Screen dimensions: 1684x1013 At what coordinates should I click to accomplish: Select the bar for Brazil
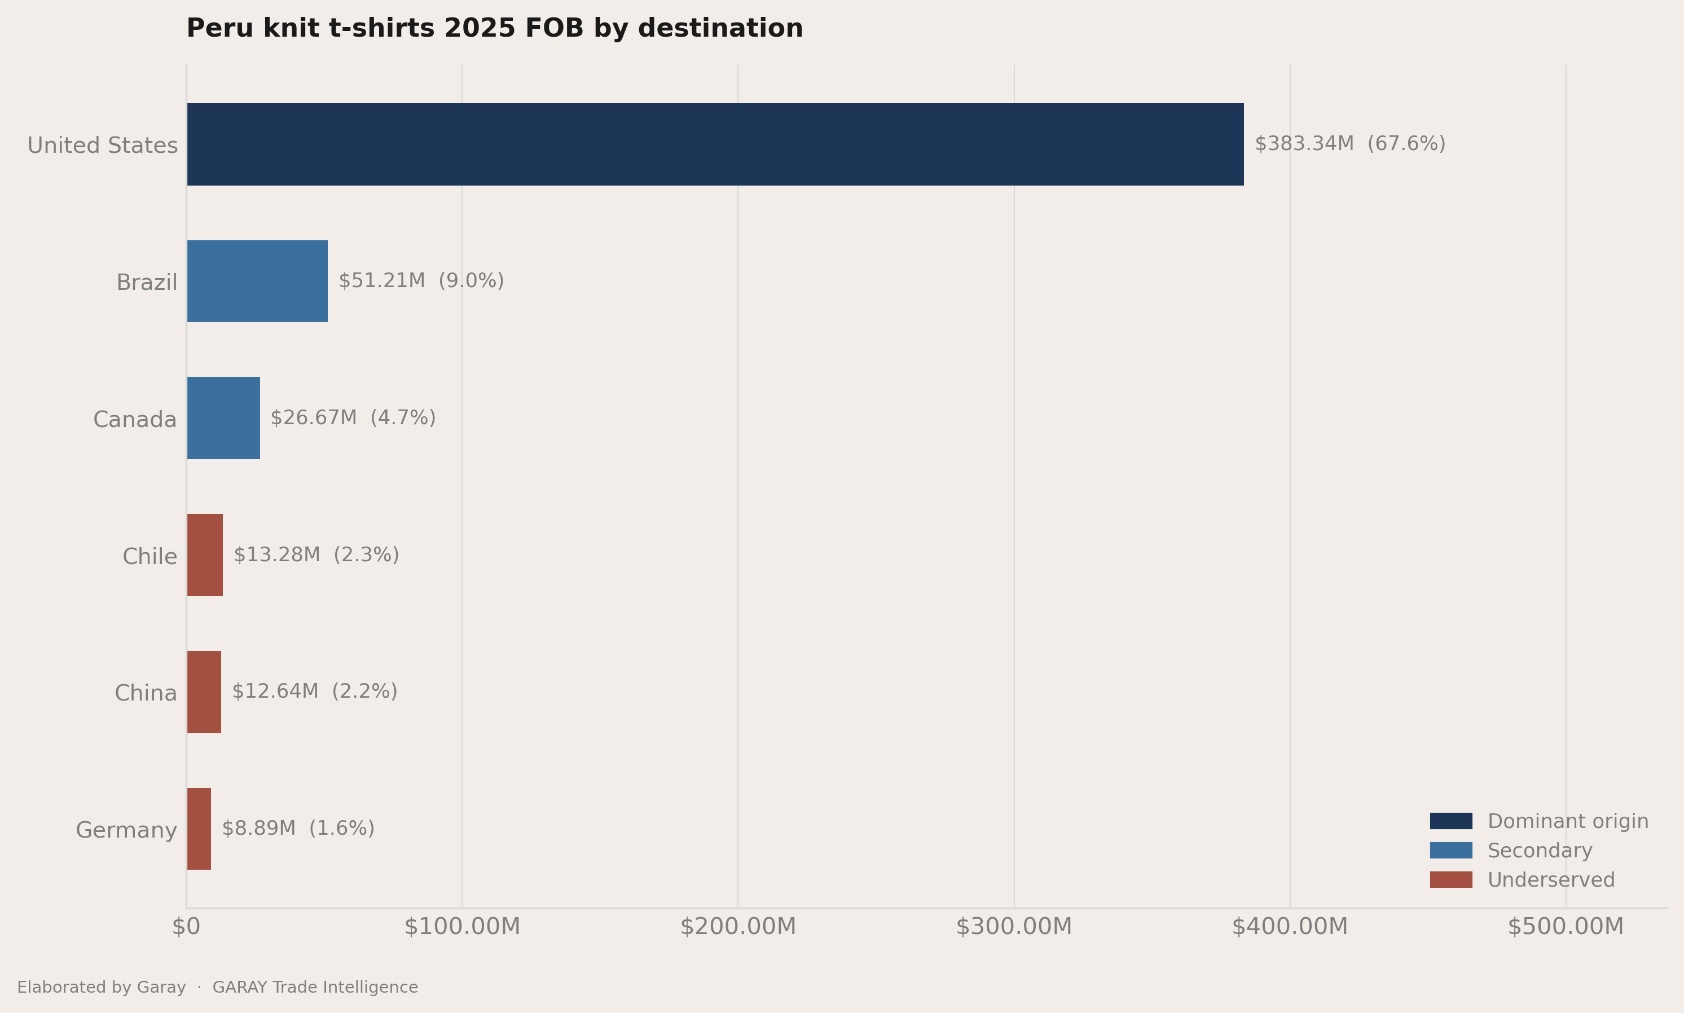257,281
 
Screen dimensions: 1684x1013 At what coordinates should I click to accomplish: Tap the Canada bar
223,418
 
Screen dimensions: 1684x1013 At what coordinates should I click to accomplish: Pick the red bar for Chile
205,555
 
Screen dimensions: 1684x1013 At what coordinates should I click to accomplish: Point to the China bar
204,692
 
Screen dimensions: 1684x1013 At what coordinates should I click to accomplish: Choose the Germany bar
199,829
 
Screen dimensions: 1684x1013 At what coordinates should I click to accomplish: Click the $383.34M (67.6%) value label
1350,144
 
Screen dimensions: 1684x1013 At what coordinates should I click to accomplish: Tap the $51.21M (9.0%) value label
421,280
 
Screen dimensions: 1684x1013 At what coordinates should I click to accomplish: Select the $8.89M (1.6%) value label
298,829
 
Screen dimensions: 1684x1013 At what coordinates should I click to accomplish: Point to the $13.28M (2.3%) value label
316,555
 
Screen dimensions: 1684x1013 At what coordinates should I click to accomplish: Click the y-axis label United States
102,146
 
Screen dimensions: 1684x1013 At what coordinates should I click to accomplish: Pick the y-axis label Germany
126,830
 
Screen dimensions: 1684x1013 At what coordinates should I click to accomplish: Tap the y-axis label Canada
135,419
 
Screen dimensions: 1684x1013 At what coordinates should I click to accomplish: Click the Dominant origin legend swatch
1451,821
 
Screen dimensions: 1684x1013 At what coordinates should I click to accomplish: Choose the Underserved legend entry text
1551,880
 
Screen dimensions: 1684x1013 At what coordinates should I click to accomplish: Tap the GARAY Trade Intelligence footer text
315,987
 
